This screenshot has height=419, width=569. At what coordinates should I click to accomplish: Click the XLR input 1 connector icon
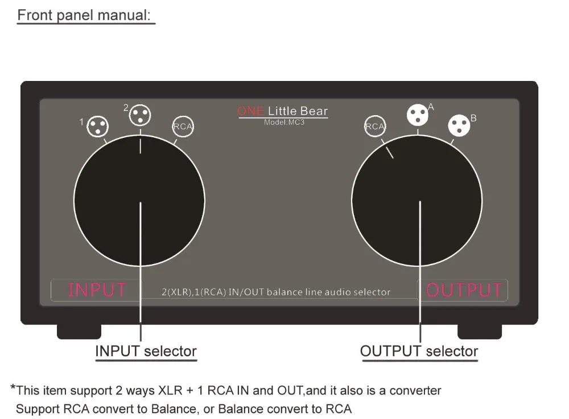pos(97,127)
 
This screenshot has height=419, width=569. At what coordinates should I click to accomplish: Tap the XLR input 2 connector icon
pos(139,116)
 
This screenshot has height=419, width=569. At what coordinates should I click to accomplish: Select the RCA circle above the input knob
pos(183,127)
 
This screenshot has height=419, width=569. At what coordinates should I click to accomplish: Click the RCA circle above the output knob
pos(375,127)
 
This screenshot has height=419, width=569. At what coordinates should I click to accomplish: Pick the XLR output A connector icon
pos(417,115)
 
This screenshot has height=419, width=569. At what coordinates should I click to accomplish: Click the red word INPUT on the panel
pos(97,290)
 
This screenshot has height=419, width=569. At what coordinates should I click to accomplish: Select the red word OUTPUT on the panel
pos(464,290)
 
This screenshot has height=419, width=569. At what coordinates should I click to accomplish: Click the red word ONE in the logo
pos(250,111)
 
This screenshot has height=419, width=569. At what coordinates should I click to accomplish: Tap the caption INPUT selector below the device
pos(146,351)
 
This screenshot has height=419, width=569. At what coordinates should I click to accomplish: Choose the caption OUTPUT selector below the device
pos(419,351)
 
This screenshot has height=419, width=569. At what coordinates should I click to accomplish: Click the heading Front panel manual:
pos(86,15)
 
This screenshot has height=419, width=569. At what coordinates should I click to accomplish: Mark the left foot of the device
pos(79,331)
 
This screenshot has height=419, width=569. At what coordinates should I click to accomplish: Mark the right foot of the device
pos(480,331)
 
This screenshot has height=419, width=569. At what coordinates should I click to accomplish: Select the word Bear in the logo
pos(314,111)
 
